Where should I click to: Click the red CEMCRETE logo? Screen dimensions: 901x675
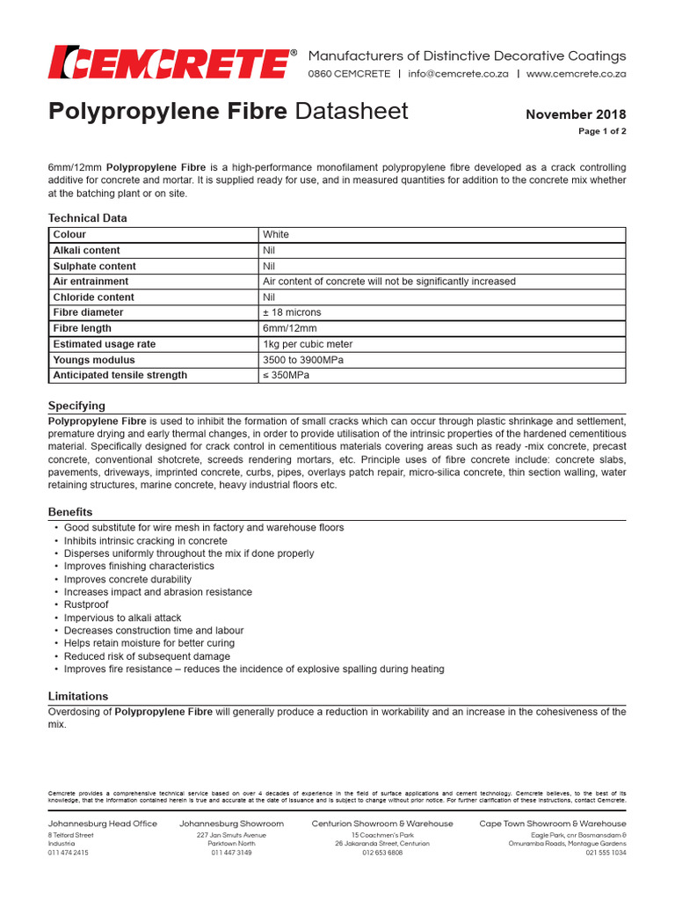pyautogui.click(x=172, y=62)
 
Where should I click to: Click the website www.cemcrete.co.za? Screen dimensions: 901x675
pyautogui.click(x=576, y=74)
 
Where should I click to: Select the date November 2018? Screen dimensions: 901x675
pyautogui.click(x=576, y=114)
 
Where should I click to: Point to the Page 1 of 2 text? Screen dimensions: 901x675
pyautogui.click(x=602, y=131)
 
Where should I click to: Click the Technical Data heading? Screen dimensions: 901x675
pyautogui.click(x=87, y=217)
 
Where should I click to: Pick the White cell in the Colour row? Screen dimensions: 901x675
pyautogui.click(x=276, y=235)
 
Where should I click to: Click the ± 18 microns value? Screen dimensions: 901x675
pyautogui.click(x=292, y=312)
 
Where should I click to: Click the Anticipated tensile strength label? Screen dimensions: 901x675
pyautogui.click(x=120, y=375)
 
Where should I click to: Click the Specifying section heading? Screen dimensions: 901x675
pyautogui.click(x=76, y=406)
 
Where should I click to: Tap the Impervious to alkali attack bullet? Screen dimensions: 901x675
pyautogui.click(x=122, y=618)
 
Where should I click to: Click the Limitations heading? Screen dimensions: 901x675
pyautogui.click(x=78, y=696)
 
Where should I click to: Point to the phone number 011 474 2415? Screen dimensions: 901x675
pyautogui.click(x=69, y=853)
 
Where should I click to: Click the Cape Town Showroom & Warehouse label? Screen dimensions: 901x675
pyautogui.click(x=553, y=824)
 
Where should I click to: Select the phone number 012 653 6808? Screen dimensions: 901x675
pyautogui.click(x=382, y=853)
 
